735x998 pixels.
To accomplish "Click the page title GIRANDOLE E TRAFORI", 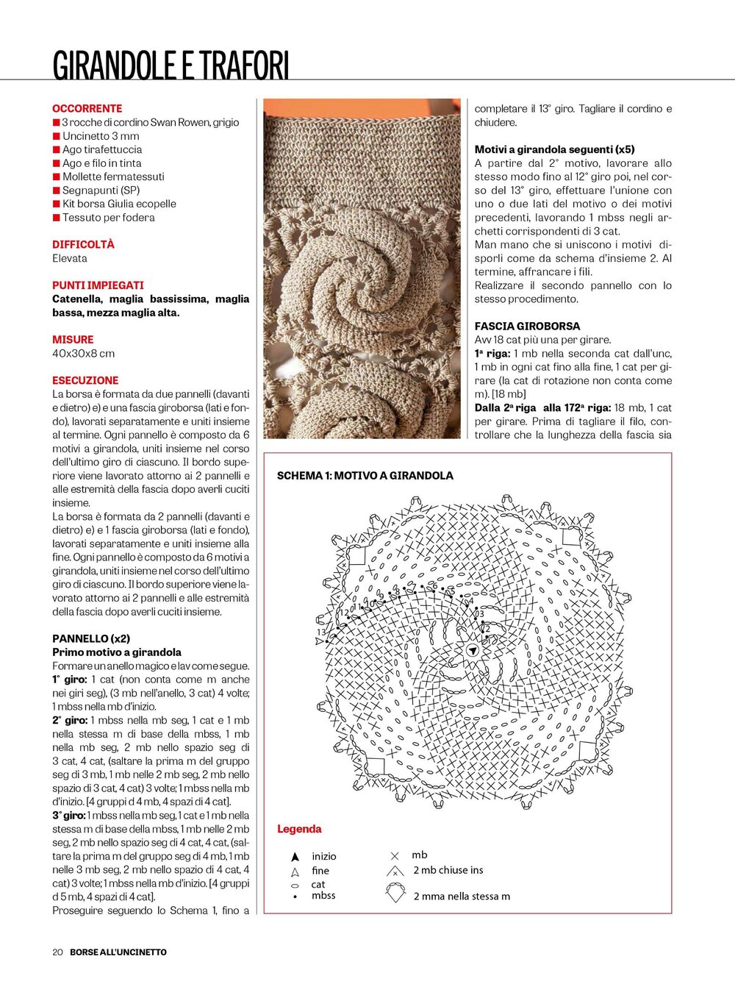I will click(x=171, y=65).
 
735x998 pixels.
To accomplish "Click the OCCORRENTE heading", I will click(x=87, y=108).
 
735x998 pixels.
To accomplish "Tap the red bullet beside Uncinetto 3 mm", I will click(x=56, y=136).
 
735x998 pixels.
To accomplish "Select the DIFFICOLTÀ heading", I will click(x=83, y=244).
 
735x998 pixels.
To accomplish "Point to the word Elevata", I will click(x=70, y=258).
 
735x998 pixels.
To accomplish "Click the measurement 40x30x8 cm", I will click(x=83, y=353).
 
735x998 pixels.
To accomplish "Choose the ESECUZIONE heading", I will click(x=85, y=380).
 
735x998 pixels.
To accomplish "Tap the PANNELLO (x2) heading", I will click(x=90, y=638).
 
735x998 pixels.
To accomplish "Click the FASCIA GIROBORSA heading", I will click(x=527, y=326).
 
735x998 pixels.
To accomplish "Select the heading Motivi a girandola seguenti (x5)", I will click(x=554, y=149).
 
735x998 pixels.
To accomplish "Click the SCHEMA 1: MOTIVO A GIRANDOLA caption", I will click(x=365, y=476).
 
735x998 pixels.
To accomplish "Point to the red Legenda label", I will click(x=299, y=829).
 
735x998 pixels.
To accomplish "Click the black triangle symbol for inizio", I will click(x=295, y=857).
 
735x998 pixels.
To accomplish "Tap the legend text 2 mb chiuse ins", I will click(x=448, y=870).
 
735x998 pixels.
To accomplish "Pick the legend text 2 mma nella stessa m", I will click(x=462, y=896).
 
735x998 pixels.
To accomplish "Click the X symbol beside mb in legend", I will click(x=395, y=855).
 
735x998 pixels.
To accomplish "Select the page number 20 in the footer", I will click(x=57, y=952).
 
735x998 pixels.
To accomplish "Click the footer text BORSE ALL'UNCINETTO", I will click(x=118, y=952).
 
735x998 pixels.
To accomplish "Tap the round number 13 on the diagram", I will click(x=321, y=632).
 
